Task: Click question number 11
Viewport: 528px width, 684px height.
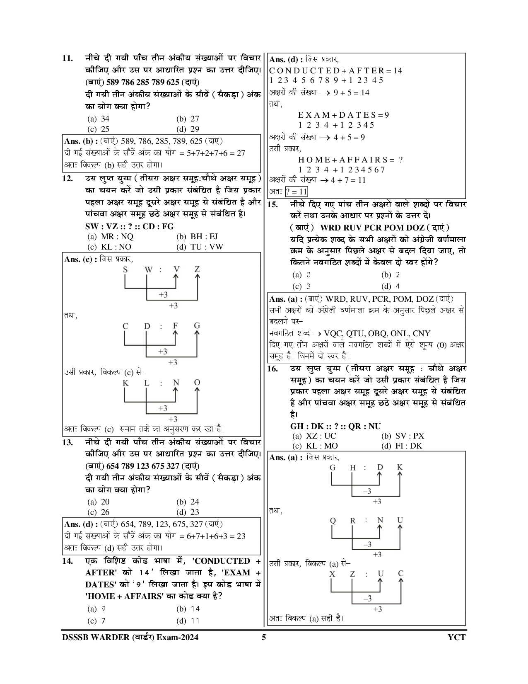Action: pos(68,58)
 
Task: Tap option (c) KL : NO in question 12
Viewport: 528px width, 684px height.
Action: pos(109,247)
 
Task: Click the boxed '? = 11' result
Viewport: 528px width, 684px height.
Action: pos(297,192)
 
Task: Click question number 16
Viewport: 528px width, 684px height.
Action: pos(272,369)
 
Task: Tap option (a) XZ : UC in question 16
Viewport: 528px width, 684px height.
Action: pos(314,436)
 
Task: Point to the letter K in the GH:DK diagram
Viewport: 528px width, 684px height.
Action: pos(400,468)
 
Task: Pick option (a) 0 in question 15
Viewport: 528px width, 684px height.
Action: pos(302,275)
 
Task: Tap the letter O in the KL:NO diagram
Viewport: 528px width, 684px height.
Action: pos(197,383)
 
